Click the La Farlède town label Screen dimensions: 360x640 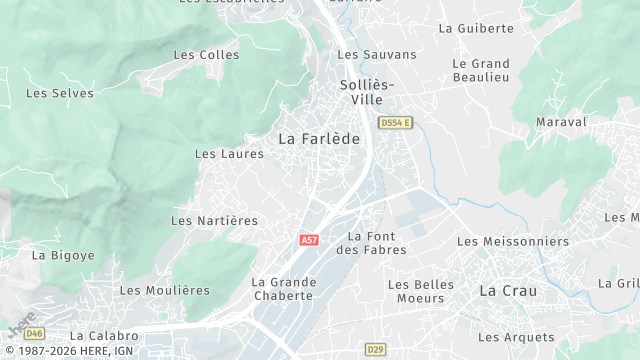pyautogui.click(x=318, y=139)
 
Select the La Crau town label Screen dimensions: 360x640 pyautogui.click(x=508, y=291)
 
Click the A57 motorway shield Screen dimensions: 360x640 pyautogui.click(x=309, y=241)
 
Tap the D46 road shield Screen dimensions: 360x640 pyautogui.click(x=35, y=333)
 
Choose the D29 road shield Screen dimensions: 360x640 pyautogui.click(x=375, y=349)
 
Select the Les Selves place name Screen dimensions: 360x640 pyautogui.click(x=60, y=93)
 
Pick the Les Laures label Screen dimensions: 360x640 pyautogui.click(x=229, y=154)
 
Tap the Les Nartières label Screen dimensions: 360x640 pyautogui.click(x=214, y=220)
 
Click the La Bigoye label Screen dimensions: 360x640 pyautogui.click(x=63, y=255)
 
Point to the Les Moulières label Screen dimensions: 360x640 pyautogui.click(x=165, y=290)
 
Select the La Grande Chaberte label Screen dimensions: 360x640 pyautogui.click(x=284, y=289)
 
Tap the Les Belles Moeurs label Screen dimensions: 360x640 pyautogui.click(x=420, y=291)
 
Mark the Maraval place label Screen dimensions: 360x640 pyautogui.click(x=561, y=122)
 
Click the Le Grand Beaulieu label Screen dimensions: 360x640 pyautogui.click(x=481, y=70)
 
